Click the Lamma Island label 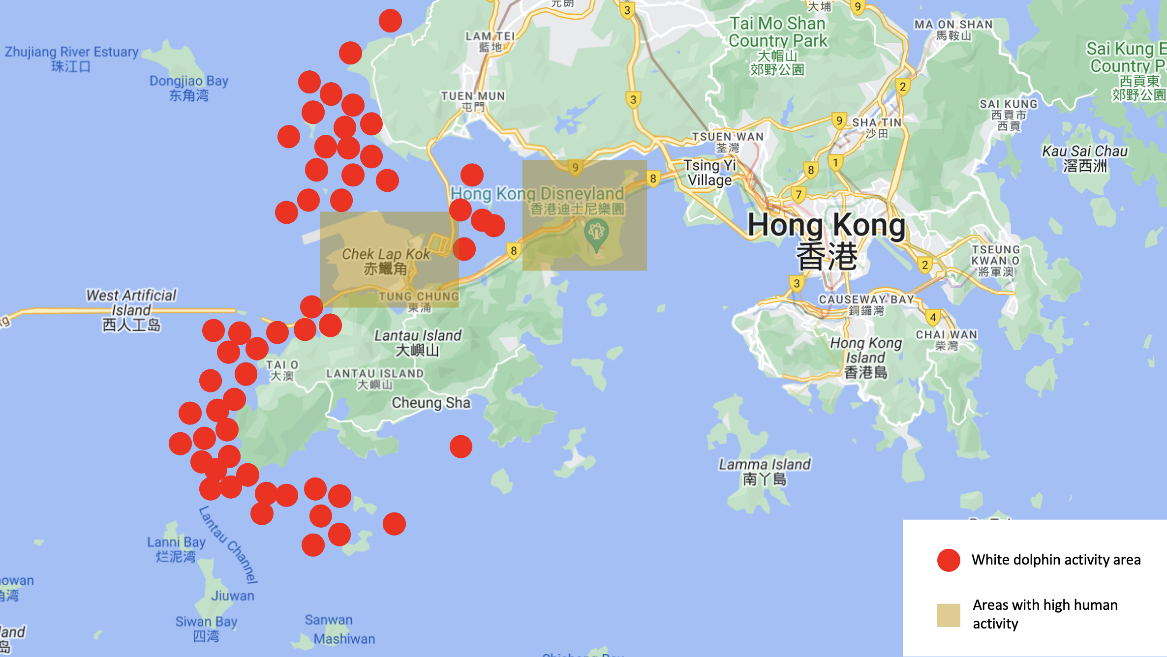pos(765,471)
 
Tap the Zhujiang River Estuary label pos(71,59)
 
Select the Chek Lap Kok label pos(386,261)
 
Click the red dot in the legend pos(949,560)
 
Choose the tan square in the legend pos(949,615)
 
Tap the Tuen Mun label pos(473,101)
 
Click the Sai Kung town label pos(1009,114)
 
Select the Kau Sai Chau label pos(1085,158)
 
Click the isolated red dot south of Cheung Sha pos(461,447)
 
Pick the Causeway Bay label pos(866,304)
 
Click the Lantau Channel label pos(228,544)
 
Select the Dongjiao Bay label pos(189,88)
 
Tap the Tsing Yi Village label pos(709,173)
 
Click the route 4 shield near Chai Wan pos(933,317)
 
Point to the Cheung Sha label pos(431,403)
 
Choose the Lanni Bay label pos(176,549)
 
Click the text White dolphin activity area pos(1056,560)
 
